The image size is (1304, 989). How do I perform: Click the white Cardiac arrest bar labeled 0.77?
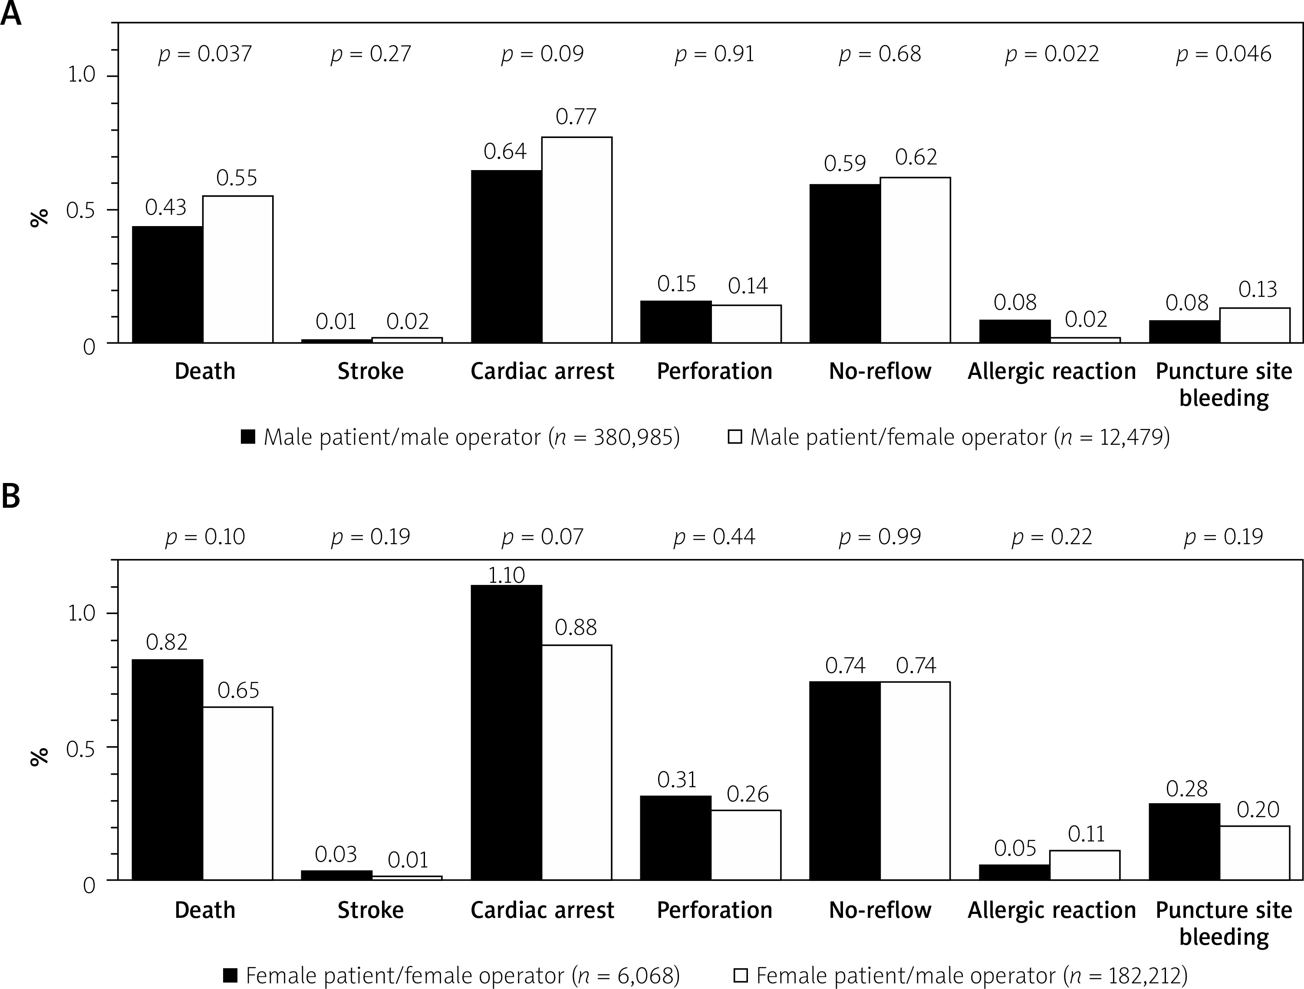point(576,240)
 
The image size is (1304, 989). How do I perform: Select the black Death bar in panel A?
point(168,284)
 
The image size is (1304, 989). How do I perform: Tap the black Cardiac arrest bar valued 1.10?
point(507,732)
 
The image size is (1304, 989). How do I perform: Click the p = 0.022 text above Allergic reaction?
point(1052,54)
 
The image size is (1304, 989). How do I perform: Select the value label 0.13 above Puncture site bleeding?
point(1258,289)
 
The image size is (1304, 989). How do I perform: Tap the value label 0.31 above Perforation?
point(677,780)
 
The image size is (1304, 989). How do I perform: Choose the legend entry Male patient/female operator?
point(948,437)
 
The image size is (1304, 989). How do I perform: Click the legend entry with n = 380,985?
point(461,437)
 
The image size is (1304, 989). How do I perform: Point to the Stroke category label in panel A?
point(370,371)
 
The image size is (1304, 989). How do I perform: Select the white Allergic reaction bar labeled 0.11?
point(1085,865)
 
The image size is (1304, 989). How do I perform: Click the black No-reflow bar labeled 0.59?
point(845,263)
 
